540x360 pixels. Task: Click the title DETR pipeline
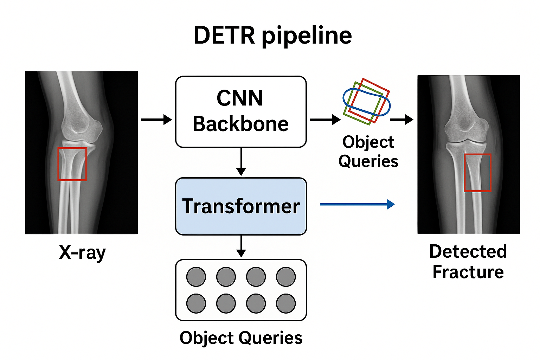tap(272, 36)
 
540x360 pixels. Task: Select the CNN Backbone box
tap(241, 111)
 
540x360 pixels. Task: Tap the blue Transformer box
tap(241, 206)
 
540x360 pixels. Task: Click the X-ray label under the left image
tap(82, 252)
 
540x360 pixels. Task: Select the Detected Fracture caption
tap(468, 262)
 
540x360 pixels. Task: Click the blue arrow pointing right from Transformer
tap(357, 204)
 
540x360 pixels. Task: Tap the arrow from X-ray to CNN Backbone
tap(156, 120)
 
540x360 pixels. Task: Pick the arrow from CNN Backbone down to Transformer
tap(241, 162)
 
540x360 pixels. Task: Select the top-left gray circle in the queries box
tap(196, 277)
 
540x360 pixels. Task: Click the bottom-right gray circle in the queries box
tap(286, 303)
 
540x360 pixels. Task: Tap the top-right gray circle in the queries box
tap(286, 277)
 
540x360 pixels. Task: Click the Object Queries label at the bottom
tap(241, 338)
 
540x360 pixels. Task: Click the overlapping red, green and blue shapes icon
tap(367, 102)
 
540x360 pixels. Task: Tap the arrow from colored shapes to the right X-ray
tap(401, 120)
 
